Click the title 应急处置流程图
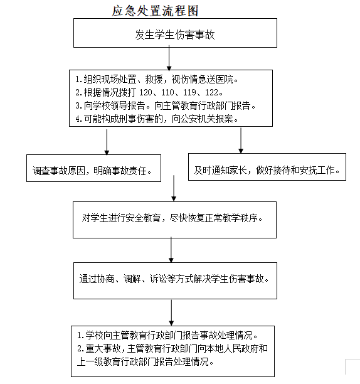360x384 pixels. tap(155, 11)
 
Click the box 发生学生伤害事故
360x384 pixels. tap(175, 33)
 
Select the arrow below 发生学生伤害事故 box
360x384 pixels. tap(169, 58)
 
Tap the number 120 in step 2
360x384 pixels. tap(146, 92)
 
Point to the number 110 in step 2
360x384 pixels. tap(167, 92)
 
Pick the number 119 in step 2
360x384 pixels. tap(189, 92)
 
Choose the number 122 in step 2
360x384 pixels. tap(211, 92)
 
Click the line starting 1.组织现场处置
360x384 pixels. tap(157, 79)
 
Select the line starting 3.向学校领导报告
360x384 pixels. tap(166, 105)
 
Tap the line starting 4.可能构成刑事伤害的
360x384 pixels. tap(157, 119)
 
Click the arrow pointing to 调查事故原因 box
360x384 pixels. tap(107, 142)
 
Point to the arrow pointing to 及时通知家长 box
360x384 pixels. tap(241, 141)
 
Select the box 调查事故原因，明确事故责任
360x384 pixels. tap(93, 168)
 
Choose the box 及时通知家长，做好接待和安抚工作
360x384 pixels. tap(267, 167)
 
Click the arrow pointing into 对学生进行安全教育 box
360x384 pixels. tap(174, 188)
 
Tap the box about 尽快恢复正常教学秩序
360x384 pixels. tap(174, 220)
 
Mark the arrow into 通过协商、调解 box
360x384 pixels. tap(171, 250)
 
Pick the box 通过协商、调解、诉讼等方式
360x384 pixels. tap(175, 280)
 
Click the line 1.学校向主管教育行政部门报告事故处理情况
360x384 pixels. tap(167, 335)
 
